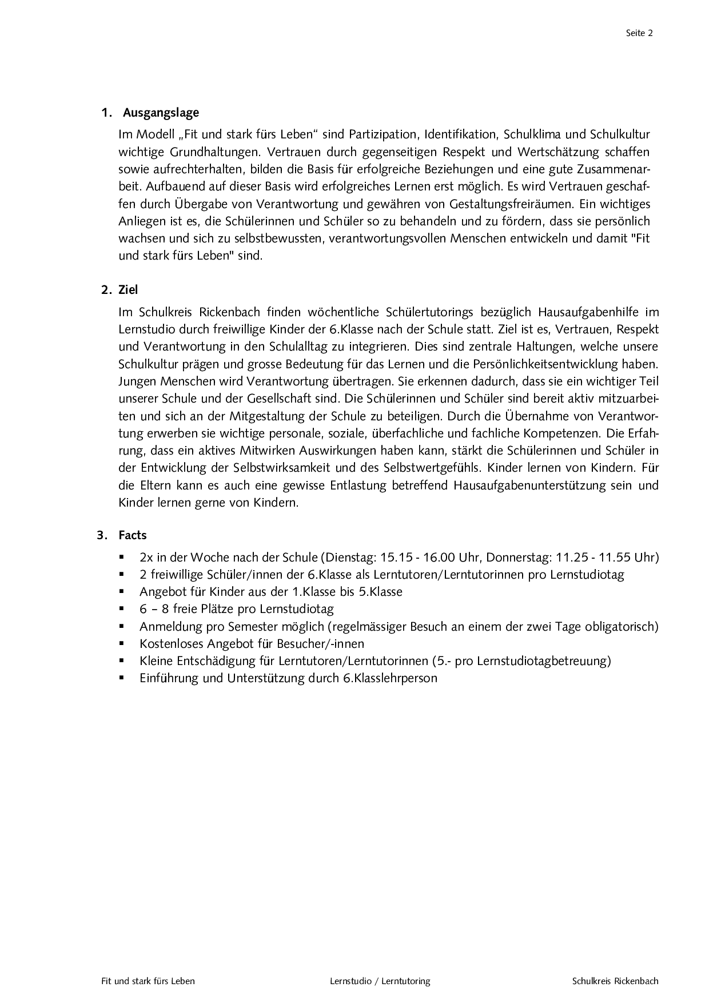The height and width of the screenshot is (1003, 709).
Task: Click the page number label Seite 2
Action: coord(639,33)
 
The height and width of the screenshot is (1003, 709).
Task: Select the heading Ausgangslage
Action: coord(161,113)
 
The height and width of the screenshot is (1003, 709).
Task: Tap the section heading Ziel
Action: coord(128,290)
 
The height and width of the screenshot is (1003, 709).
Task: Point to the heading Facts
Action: coord(133,535)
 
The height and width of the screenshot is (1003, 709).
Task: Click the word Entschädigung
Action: coord(217,661)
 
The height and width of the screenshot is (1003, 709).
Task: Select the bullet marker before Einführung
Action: coord(122,678)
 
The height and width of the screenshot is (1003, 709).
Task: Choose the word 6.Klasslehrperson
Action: coord(390,679)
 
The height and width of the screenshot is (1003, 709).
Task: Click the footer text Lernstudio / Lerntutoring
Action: coord(380,981)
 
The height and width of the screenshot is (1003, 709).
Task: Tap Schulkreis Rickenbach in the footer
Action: coord(615,981)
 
